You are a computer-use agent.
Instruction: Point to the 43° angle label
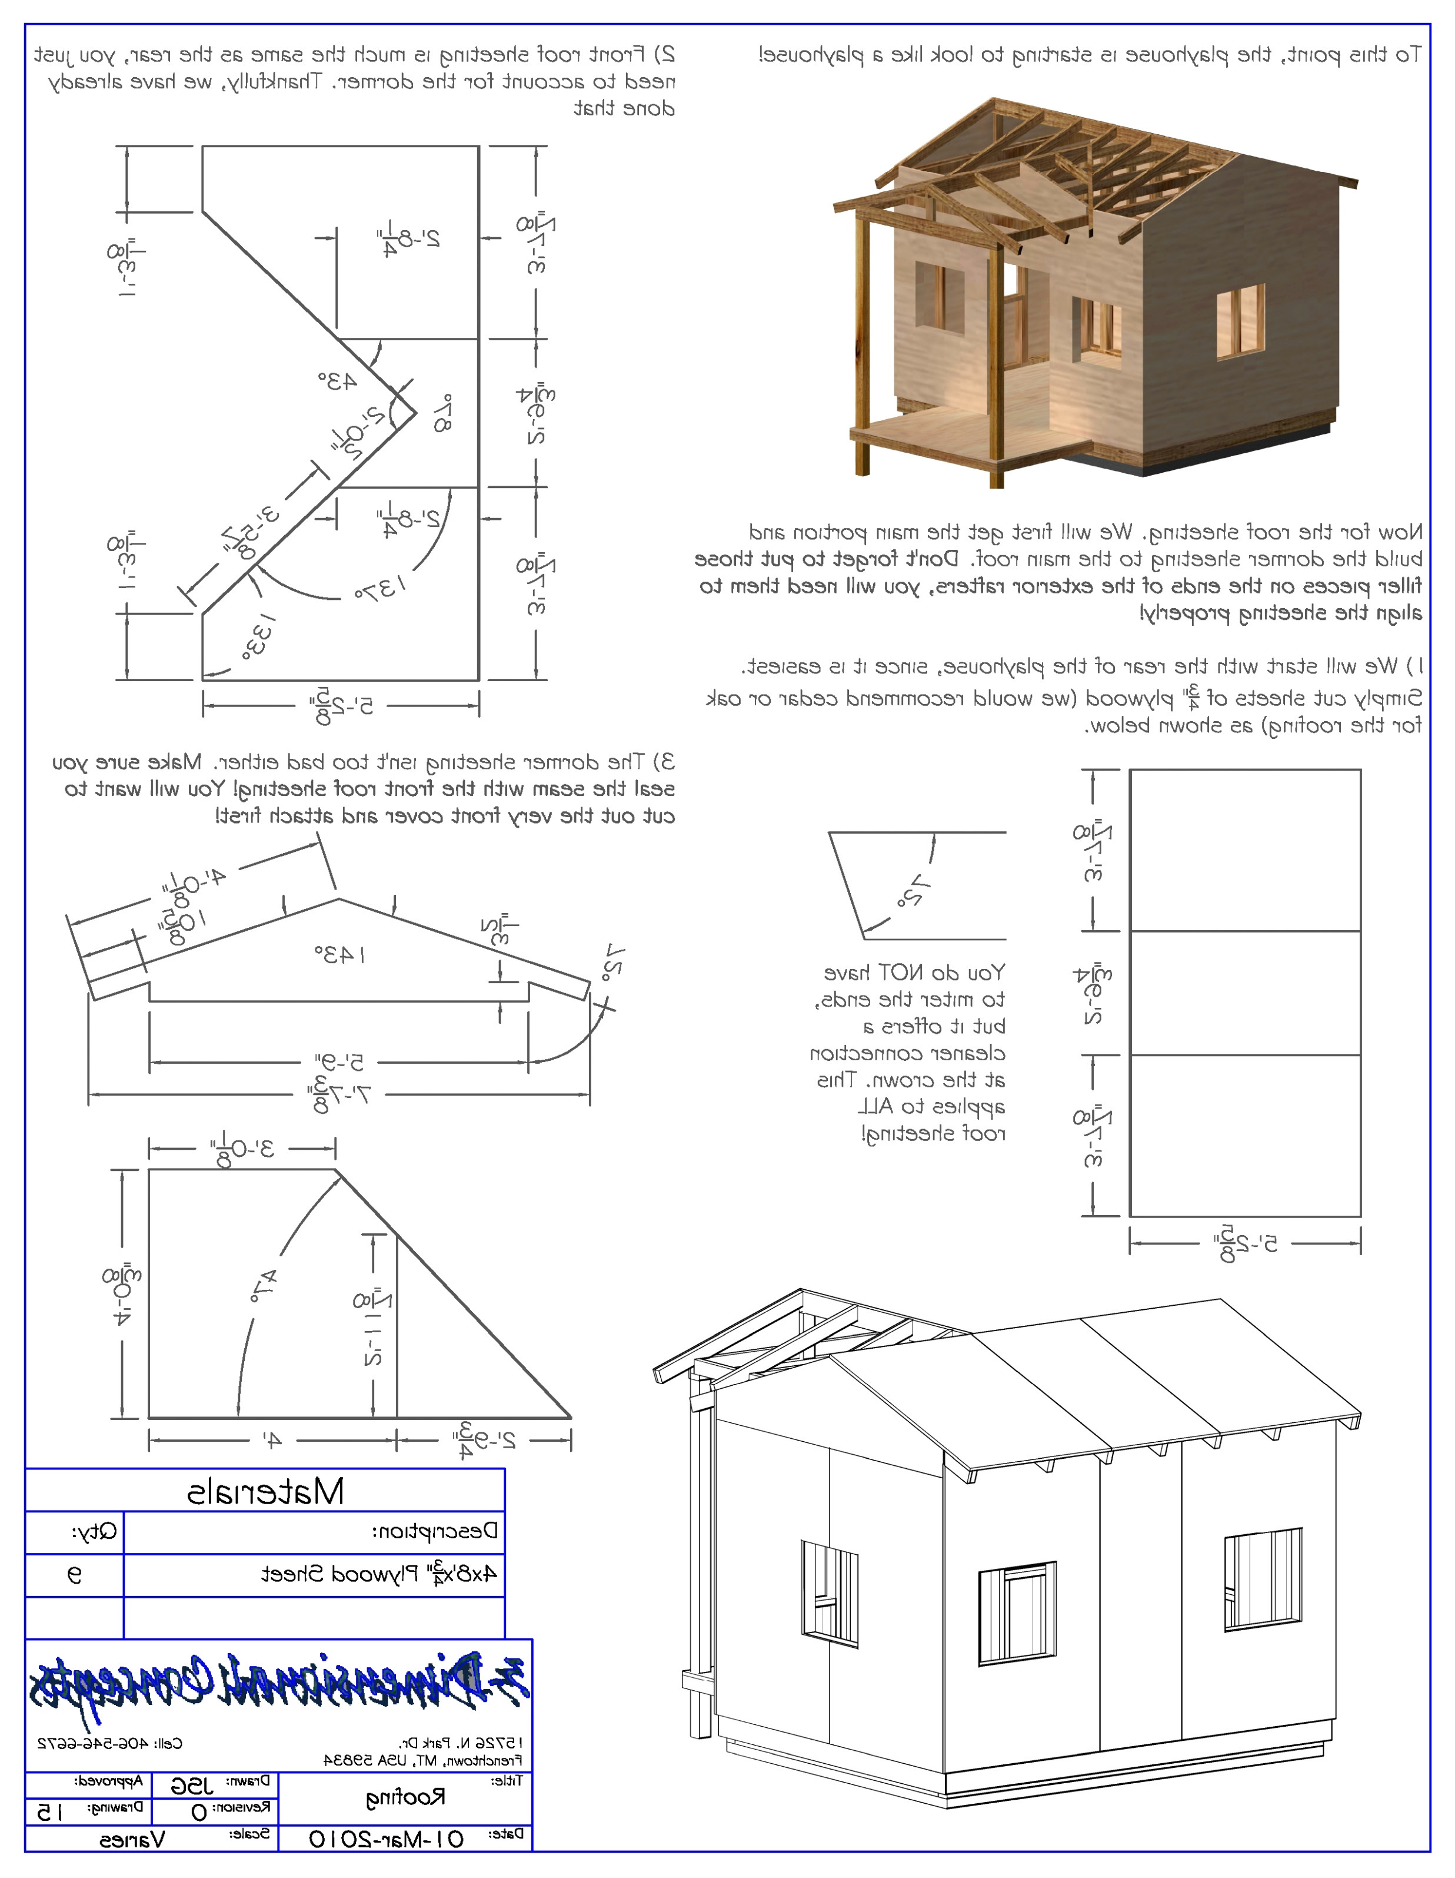(338, 381)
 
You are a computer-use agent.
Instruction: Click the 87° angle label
(442, 414)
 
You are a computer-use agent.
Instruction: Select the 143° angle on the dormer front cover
(339, 954)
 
